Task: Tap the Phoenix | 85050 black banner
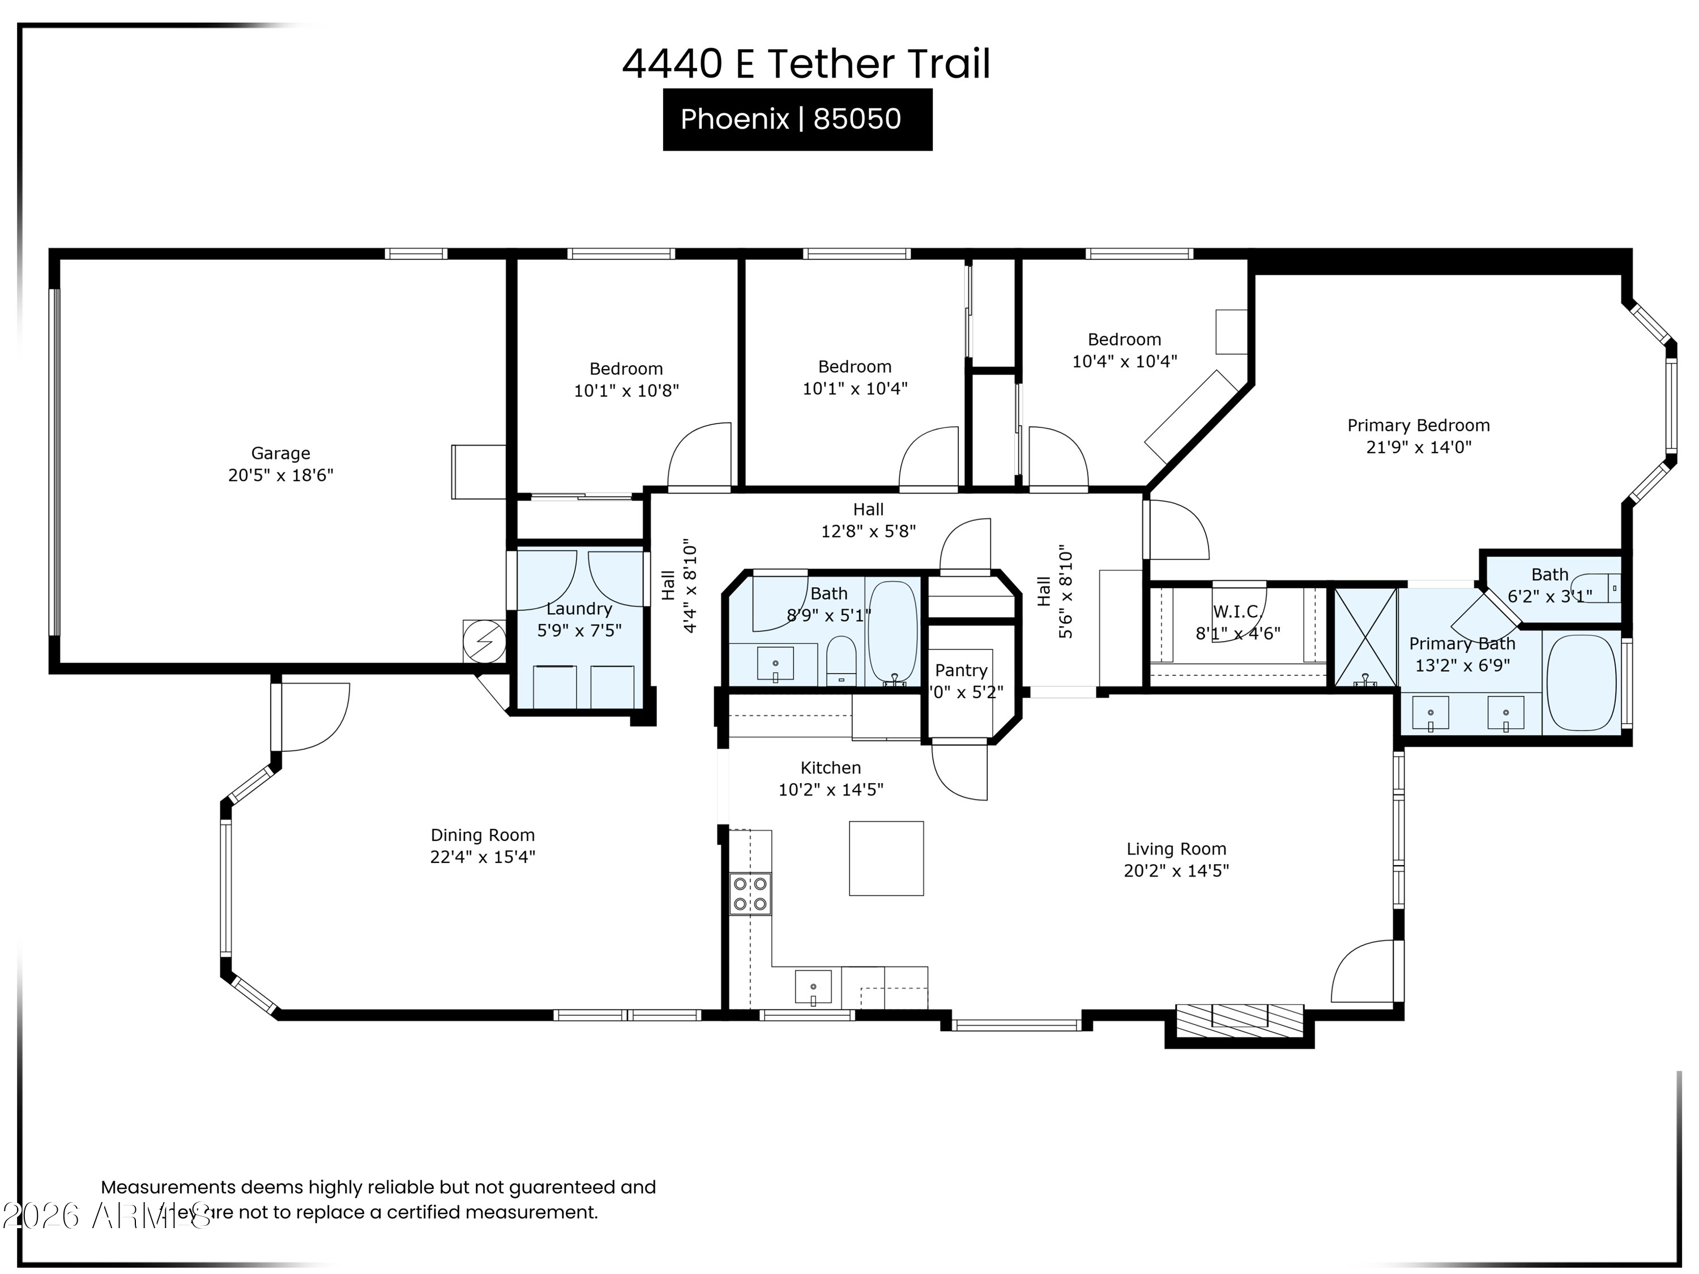(797, 120)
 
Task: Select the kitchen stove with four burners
(750, 894)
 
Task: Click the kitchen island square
(886, 858)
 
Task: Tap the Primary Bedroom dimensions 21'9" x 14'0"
(1418, 447)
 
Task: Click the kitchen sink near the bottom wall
(813, 987)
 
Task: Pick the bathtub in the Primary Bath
(1581, 683)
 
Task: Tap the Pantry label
(961, 670)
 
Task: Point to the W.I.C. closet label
(1237, 612)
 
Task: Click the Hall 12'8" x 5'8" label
(868, 520)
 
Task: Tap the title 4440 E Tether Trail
(806, 64)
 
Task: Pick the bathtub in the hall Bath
(893, 631)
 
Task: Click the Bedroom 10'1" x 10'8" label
(626, 379)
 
